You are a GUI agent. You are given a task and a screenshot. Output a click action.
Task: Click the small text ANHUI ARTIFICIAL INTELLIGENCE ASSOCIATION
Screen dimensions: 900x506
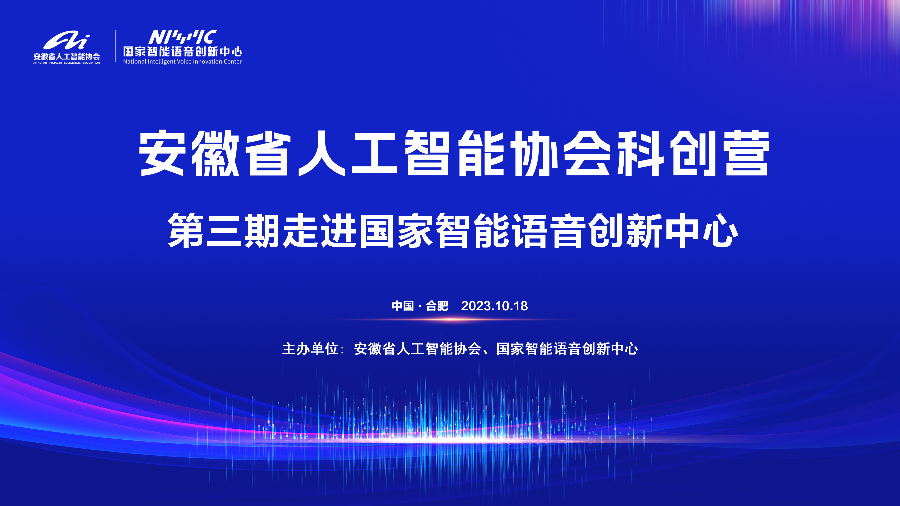click(x=67, y=63)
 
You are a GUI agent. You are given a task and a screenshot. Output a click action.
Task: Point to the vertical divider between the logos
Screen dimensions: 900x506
click(x=116, y=46)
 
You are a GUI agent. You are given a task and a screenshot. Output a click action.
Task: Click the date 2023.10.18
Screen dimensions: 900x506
click(x=494, y=306)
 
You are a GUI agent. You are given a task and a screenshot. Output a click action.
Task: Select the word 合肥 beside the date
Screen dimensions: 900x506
click(x=437, y=306)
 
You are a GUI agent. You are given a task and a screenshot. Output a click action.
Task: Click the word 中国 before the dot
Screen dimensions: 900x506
click(x=403, y=306)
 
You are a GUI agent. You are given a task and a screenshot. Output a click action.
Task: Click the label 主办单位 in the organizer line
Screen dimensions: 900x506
click(x=310, y=349)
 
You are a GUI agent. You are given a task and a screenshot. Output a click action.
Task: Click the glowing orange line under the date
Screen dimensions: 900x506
click(x=451, y=319)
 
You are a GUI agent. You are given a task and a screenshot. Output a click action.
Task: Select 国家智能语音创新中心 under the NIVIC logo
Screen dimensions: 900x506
click(x=182, y=52)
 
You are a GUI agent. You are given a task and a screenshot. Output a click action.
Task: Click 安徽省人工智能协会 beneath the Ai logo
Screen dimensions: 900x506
click(x=67, y=56)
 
